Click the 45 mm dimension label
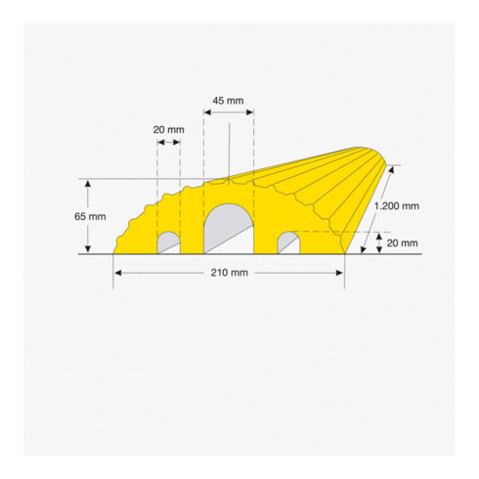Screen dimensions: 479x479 [x=228, y=101]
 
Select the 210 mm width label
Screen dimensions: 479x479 [x=230, y=273]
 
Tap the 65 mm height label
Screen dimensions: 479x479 [x=90, y=216]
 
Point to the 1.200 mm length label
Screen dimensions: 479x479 [x=397, y=206]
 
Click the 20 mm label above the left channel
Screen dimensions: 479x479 [x=169, y=130]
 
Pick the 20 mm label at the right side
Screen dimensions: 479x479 [x=402, y=242]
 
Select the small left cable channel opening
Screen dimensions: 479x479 [x=169, y=242]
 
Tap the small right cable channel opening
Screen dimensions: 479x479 [x=288, y=242]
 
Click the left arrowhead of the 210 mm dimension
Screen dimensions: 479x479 [x=118, y=273]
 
